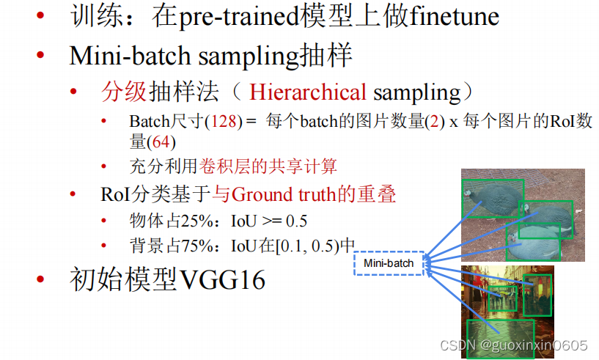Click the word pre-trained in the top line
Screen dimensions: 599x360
coord(239,17)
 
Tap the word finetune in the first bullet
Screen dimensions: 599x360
coord(455,16)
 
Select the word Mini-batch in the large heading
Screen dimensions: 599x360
coord(130,56)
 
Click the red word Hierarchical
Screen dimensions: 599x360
coord(308,92)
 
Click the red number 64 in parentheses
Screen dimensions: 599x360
coord(161,142)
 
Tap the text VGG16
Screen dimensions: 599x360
coord(222,280)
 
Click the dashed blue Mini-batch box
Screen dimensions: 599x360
coord(389,263)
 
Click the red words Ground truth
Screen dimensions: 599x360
coord(284,194)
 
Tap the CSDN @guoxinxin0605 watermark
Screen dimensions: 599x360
coord(513,345)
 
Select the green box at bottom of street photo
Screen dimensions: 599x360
coord(501,339)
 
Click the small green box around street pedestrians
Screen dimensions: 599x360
coord(502,298)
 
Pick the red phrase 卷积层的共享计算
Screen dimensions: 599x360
coord(268,166)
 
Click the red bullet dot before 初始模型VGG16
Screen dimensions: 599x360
coord(40,279)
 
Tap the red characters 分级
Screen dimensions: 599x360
coord(124,92)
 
